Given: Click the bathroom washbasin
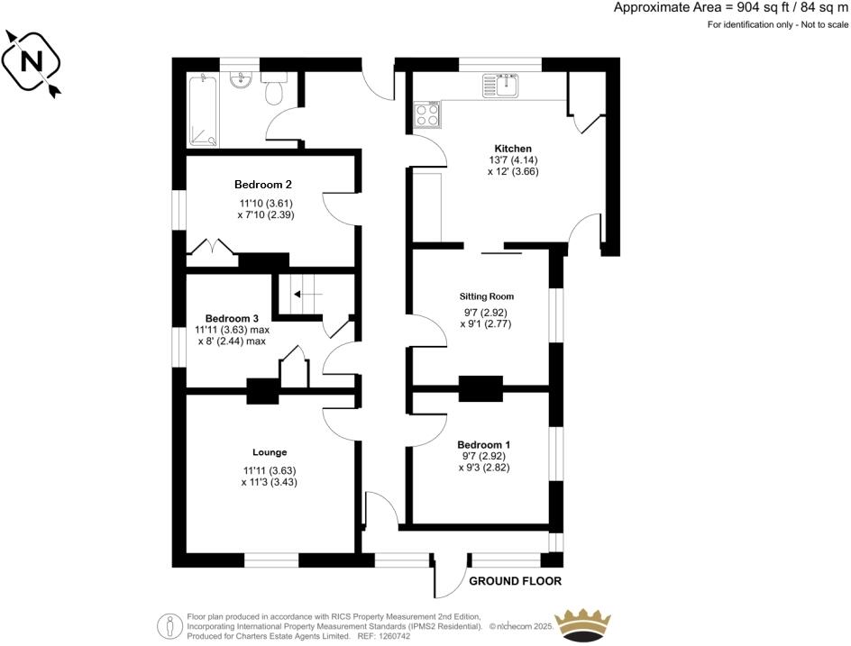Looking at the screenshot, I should click(x=241, y=82).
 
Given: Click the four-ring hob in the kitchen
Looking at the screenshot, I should click(x=427, y=115).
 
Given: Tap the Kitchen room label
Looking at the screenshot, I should click(x=513, y=149).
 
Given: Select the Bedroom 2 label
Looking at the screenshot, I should click(x=263, y=185).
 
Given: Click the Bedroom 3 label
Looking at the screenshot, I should click(x=232, y=318).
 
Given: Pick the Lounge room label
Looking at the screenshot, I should click(x=270, y=452).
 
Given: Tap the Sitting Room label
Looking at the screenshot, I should click(x=486, y=296).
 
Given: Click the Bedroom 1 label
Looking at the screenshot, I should click(x=484, y=445).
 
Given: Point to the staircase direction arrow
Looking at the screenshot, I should click(x=307, y=294).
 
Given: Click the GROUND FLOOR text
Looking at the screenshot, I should click(x=516, y=582).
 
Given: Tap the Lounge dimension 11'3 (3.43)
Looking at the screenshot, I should click(x=270, y=482).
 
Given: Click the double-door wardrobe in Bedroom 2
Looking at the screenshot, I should click(x=214, y=250).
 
